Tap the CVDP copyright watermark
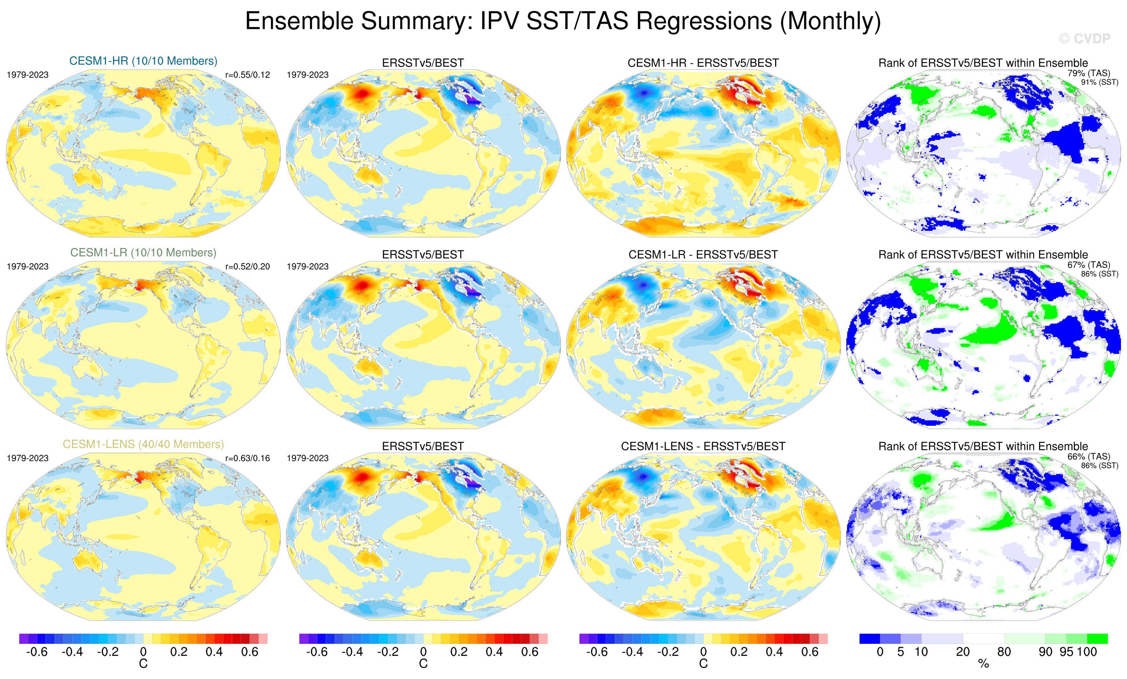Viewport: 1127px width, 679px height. [x=1085, y=39]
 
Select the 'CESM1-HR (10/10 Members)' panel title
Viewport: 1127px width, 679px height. [x=143, y=61]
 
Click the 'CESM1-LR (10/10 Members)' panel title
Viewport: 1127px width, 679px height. [x=143, y=253]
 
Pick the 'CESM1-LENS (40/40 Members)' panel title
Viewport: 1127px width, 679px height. [x=143, y=444]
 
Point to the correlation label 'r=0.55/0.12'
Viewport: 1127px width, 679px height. [x=247, y=75]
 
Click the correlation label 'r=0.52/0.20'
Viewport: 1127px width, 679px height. [x=247, y=266]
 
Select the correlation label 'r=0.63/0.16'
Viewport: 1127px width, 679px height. [x=247, y=458]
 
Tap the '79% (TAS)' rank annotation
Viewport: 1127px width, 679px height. [x=1088, y=73]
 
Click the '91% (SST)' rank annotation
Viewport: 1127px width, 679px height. [x=1099, y=82]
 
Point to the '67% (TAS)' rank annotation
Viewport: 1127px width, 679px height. [x=1088, y=265]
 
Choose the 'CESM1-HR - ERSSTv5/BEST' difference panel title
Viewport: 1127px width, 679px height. [x=703, y=63]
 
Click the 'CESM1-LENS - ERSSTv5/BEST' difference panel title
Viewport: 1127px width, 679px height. [x=703, y=446]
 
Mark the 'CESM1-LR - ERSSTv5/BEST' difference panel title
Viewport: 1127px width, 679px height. [x=703, y=255]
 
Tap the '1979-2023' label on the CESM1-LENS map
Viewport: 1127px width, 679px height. [x=28, y=458]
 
